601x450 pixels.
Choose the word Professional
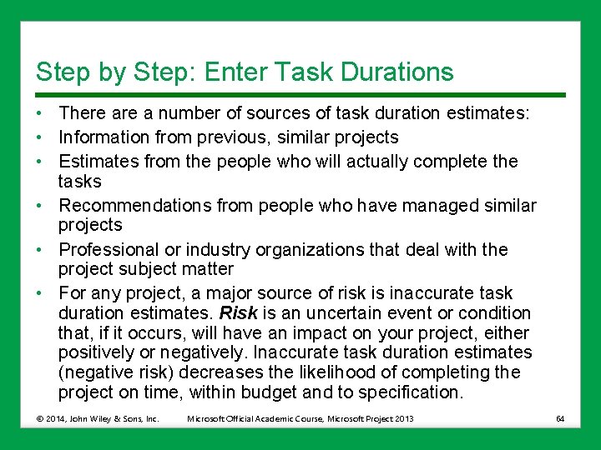point(109,249)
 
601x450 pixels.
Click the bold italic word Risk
point(237,313)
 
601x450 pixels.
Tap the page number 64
point(560,418)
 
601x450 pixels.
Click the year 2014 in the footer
point(56,418)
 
